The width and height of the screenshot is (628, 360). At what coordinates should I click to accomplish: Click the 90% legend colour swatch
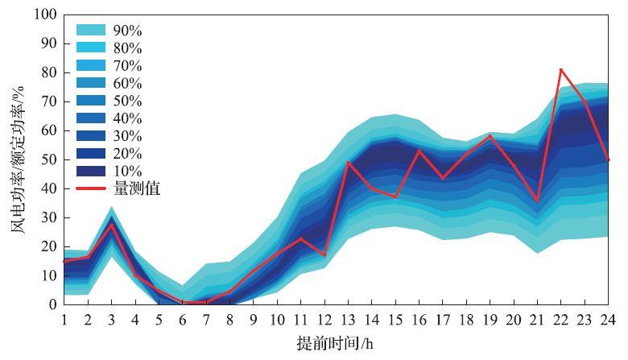[90, 31]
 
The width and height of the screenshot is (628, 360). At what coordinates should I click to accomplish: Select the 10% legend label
[127, 171]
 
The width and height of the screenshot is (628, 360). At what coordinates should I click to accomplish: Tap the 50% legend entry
[127, 101]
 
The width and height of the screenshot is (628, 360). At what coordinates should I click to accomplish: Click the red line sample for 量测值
[90, 188]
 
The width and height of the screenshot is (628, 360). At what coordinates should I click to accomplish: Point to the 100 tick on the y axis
[46, 14]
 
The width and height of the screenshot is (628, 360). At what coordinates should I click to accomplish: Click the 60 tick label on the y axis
[49, 130]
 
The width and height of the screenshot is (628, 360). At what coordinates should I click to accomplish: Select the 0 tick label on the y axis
[52, 304]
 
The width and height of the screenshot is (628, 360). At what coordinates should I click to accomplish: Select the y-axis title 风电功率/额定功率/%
[18, 159]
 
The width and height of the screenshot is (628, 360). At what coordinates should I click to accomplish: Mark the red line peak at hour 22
[561, 69]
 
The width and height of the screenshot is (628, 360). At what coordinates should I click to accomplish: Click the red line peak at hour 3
[112, 224]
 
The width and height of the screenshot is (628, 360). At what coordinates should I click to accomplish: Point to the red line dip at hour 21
[538, 201]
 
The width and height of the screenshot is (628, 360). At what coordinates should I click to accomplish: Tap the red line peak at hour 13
[349, 162]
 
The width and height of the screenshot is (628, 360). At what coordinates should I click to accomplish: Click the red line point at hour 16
[419, 150]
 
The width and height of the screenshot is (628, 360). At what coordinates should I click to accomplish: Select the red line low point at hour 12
[324, 255]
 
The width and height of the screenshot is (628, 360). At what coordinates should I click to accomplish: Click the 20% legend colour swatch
[90, 153]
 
